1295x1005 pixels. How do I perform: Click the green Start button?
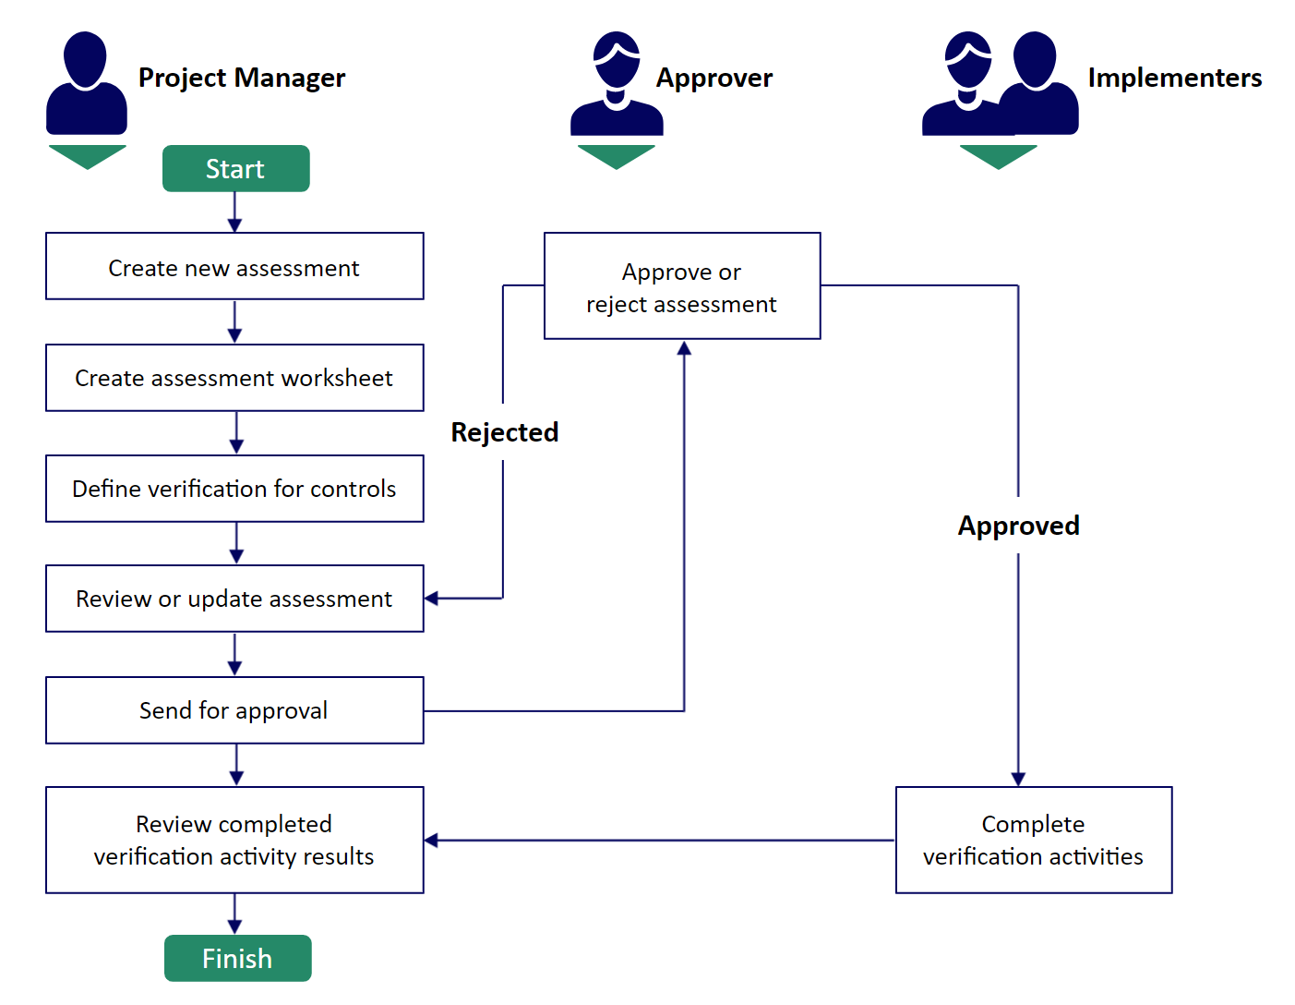235,168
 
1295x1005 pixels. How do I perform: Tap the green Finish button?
237,958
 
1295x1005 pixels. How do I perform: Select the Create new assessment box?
234,266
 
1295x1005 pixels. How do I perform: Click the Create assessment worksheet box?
234,378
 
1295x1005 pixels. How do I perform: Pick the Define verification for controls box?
234,489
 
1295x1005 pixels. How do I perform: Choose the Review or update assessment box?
234,599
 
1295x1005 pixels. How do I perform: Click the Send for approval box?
234,709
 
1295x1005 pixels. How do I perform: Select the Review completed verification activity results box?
234,840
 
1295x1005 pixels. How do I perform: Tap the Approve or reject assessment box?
682,285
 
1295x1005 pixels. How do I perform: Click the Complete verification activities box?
1034,840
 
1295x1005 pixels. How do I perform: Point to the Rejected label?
504,431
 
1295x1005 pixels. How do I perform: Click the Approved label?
1018,526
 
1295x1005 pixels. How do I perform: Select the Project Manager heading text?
241,79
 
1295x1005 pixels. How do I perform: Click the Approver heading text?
713,79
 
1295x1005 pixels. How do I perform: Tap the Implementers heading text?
1175,78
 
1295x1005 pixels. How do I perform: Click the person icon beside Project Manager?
87,83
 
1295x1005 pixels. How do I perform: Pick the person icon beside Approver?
617,83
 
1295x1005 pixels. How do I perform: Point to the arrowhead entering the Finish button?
234,926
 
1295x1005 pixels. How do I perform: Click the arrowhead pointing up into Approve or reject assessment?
684,347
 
